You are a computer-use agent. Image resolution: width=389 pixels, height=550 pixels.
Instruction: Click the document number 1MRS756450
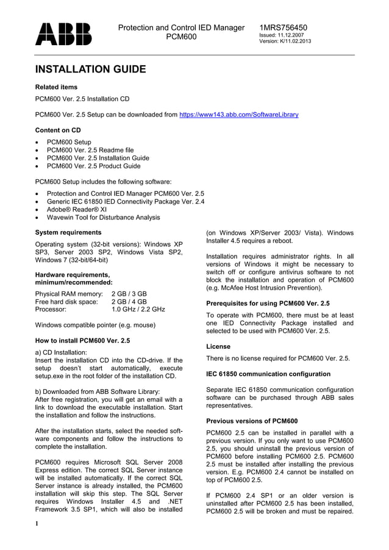tap(283, 27)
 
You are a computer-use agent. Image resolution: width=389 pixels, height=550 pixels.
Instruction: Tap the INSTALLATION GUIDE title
tap(90, 69)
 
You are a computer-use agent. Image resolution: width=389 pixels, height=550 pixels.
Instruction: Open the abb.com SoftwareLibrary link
tap(238, 115)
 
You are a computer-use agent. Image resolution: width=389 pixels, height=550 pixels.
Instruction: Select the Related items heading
tap(56, 87)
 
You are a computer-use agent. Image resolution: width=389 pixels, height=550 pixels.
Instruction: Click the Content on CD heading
tap(58, 130)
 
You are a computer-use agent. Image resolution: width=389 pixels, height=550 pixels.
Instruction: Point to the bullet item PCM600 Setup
tap(69, 141)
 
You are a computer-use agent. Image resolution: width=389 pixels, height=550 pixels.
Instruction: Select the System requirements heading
tap(68, 232)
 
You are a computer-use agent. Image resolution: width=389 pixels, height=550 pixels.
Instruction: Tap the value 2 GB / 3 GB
tap(129, 293)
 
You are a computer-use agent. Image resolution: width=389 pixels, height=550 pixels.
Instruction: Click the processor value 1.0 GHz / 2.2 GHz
tap(138, 309)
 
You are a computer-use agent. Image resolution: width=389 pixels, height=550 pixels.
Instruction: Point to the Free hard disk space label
tap(66, 301)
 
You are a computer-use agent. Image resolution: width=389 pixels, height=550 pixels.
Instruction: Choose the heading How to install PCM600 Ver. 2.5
tap(82, 340)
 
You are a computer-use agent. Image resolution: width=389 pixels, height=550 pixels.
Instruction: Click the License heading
tap(219, 346)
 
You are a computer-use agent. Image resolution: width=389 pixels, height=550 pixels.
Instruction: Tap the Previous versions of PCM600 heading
tap(252, 421)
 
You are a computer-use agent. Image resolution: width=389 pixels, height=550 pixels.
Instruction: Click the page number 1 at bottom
tap(37, 524)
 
